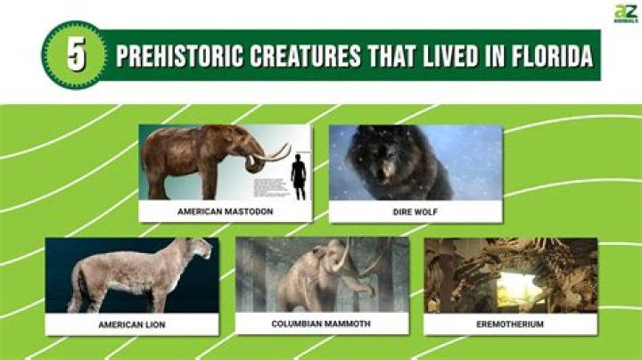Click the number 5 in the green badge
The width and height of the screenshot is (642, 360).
pos(77,55)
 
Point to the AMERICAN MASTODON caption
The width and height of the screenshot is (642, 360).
pos(225,211)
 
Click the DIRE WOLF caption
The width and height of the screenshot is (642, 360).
pos(416,211)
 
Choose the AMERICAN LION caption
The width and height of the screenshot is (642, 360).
pos(132,324)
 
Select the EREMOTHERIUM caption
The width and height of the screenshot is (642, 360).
pos(510,324)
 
